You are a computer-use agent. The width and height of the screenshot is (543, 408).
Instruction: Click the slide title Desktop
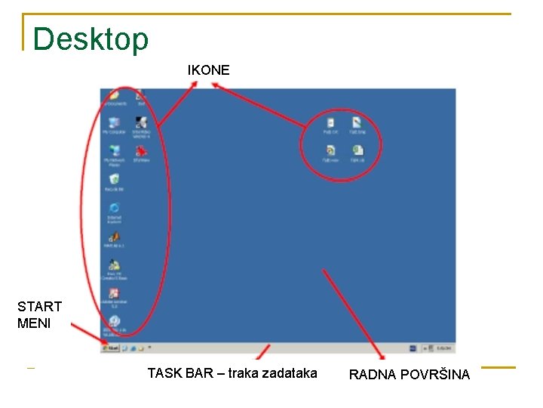pyautogui.click(x=91, y=39)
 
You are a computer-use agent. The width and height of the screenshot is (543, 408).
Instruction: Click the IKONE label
pyautogui.click(x=209, y=70)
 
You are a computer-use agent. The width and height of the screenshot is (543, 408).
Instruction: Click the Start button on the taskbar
pyautogui.click(x=110, y=348)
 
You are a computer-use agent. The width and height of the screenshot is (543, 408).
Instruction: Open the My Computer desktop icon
pyautogui.click(x=114, y=123)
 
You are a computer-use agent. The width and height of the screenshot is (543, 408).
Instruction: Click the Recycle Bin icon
pyautogui.click(x=114, y=180)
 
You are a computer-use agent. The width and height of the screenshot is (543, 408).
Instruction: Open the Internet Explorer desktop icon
pyautogui.click(x=114, y=209)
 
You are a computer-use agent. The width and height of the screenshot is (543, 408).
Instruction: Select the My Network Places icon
pyautogui.click(x=114, y=151)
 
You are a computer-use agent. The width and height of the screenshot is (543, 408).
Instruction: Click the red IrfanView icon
pyautogui.click(x=141, y=151)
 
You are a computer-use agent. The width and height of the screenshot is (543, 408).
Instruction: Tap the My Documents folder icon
pyautogui.click(x=114, y=95)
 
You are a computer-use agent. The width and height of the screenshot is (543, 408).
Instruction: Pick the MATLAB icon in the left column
pyautogui.click(x=114, y=236)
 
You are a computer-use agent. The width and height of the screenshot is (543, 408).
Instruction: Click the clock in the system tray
pyautogui.click(x=444, y=348)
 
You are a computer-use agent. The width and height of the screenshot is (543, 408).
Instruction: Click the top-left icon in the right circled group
pyautogui.click(x=330, y=122)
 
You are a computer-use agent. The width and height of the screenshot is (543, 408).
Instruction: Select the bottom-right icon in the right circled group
pyautogui.click(x=357, y=150)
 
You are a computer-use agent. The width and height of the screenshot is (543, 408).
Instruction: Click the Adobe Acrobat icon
pyautogui.click(x=114, y=293)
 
